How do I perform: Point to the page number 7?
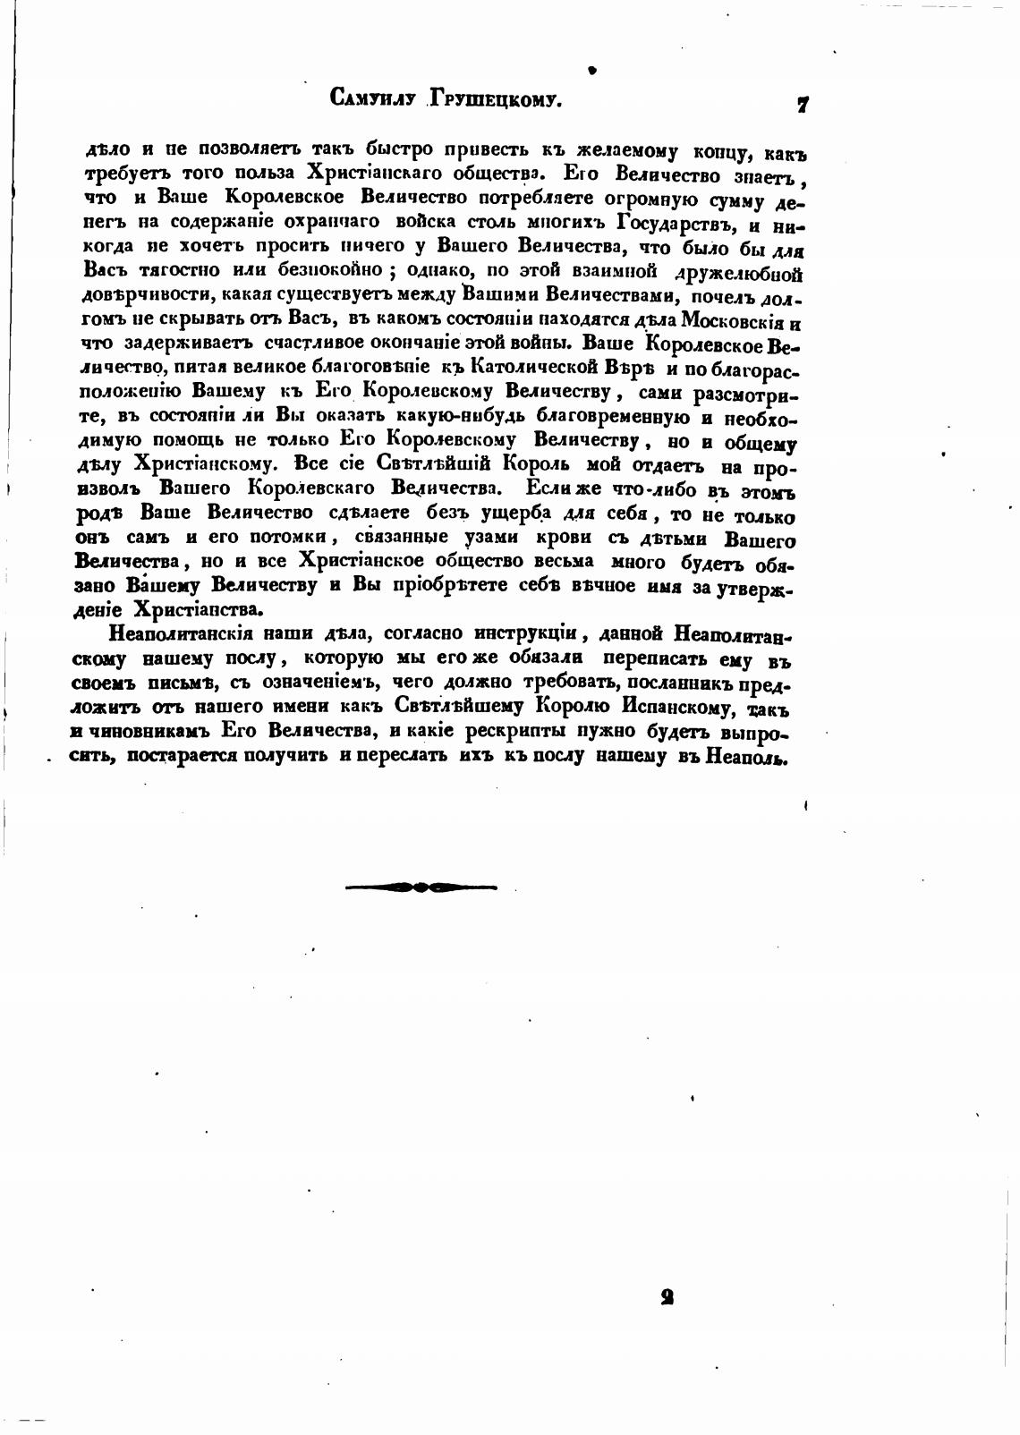pyautogui.click(x=803, y=105)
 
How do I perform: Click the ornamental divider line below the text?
pyautogui.click(x=421, y=887)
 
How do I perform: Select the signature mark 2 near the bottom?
pyautogui.click(x=666, y=1298)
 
